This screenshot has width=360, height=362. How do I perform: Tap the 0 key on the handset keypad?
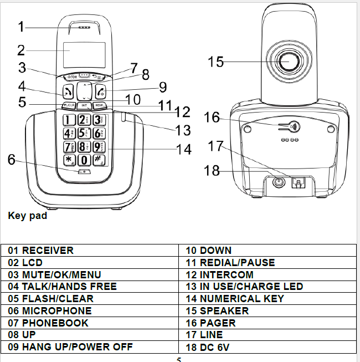[84, 160]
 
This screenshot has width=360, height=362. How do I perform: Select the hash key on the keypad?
[97, 160]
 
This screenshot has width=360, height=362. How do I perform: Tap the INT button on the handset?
[84, 105]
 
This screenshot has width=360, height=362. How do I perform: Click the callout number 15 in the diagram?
[215, 62]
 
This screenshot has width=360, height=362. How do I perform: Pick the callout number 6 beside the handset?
[12, 159]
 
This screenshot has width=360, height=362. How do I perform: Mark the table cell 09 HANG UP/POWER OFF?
[70, 348]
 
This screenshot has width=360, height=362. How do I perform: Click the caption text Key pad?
[27, 216]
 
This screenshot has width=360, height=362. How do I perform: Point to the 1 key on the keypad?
[70, 120]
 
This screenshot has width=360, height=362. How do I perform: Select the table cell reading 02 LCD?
[25, 262]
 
